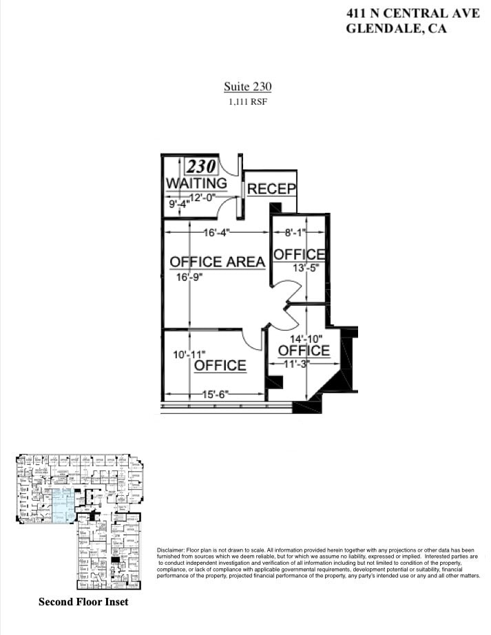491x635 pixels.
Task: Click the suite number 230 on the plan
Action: pos(201,166)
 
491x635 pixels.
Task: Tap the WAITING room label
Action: pos(196,184)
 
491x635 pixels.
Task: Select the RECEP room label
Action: pos(271,189)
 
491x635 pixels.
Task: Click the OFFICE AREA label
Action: pos(217,262)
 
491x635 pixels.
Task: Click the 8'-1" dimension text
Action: pos(299,233)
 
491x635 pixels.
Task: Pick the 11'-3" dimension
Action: pos(297,364)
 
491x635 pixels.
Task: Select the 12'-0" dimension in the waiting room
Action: pos(202,198)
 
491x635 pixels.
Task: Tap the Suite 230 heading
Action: pos(247,87)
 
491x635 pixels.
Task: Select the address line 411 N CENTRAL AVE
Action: pos(413,12)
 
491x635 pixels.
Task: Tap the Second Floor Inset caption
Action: pos(83,602)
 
